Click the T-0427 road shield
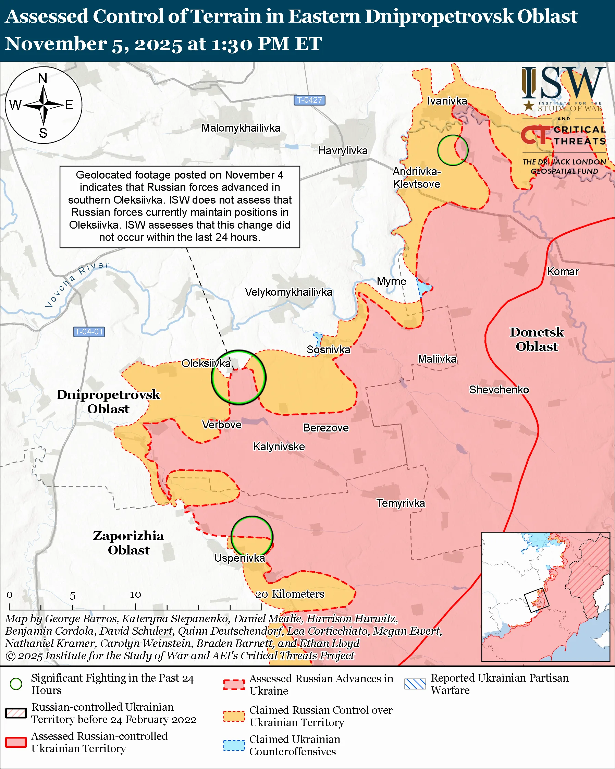click(x=309, y=100)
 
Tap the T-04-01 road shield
click(x=89, y=332)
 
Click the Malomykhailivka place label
click(x=241, y=128)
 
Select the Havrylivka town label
click(x=343, y=150)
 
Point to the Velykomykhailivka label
click(x=288, y=292)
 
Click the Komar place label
click(x=563, y=271)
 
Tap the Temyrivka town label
click(x=401, y=503)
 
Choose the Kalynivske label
click(x=279, y=447)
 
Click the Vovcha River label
click(x=76, y=284)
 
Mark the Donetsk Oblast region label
click(x=537, y=339)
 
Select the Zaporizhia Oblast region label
click(x=128, y=542)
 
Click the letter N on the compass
click(x=43, y=78)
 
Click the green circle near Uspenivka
click(x=252, y=537)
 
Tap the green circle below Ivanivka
click(x=453, y=150)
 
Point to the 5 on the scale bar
click(x=72, y=596)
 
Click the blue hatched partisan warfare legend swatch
click(x=415, y=684)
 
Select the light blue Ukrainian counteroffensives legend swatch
click(x=234, y=745)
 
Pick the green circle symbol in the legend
click(x=16, y=684)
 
